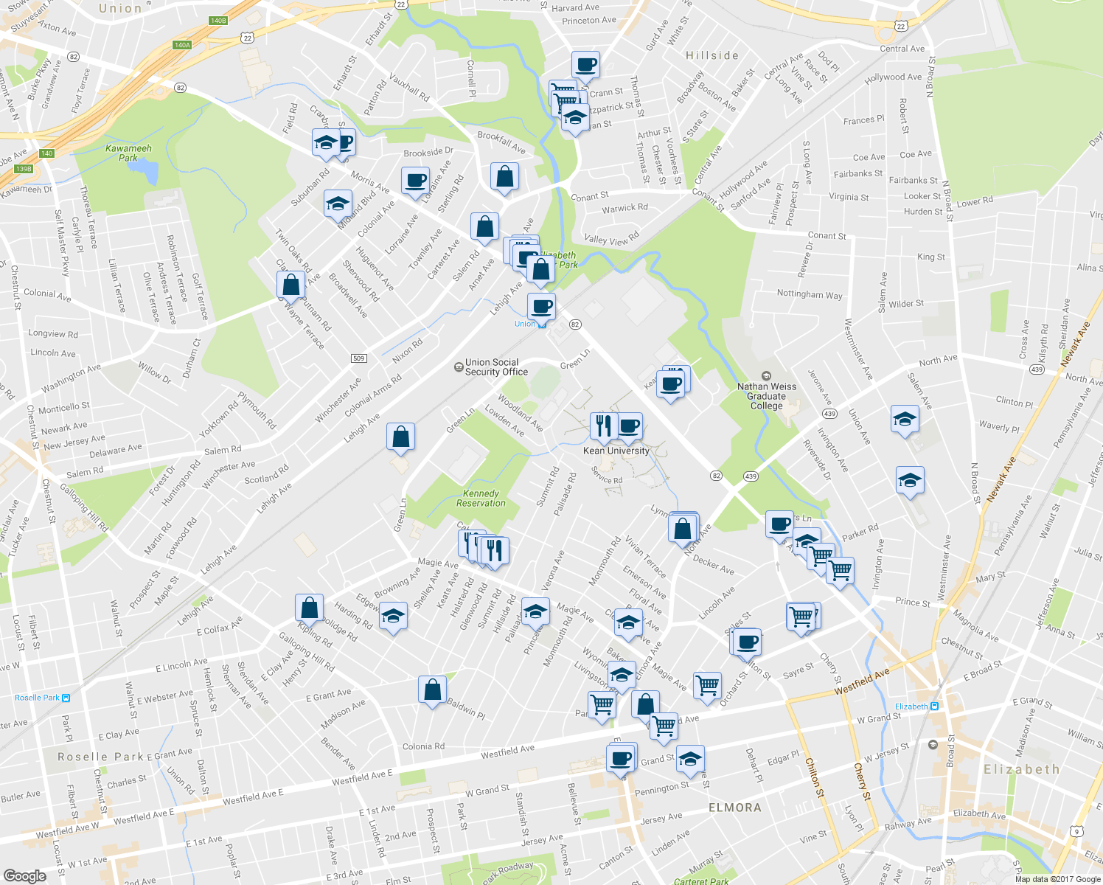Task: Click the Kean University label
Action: [616, 451]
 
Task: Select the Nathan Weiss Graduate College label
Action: [767, 396]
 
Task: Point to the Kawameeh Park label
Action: [128, 153]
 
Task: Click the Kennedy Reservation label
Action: [481, 499]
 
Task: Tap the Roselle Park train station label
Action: [38, 698]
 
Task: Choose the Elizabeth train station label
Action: [912, 707]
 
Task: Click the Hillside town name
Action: [711, 55]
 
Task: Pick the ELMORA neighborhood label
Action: [734, 808]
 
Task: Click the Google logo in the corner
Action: [24, 875]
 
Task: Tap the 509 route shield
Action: [358, 358]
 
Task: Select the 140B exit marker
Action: [218, 21]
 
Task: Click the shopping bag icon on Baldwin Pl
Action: [432, 690]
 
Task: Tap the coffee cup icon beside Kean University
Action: [629, 426]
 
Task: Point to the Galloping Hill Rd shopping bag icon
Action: [309, 608]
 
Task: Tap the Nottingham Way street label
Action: [809, 294]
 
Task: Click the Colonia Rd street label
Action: [423, 746]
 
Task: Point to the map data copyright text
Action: [1057, 878]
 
